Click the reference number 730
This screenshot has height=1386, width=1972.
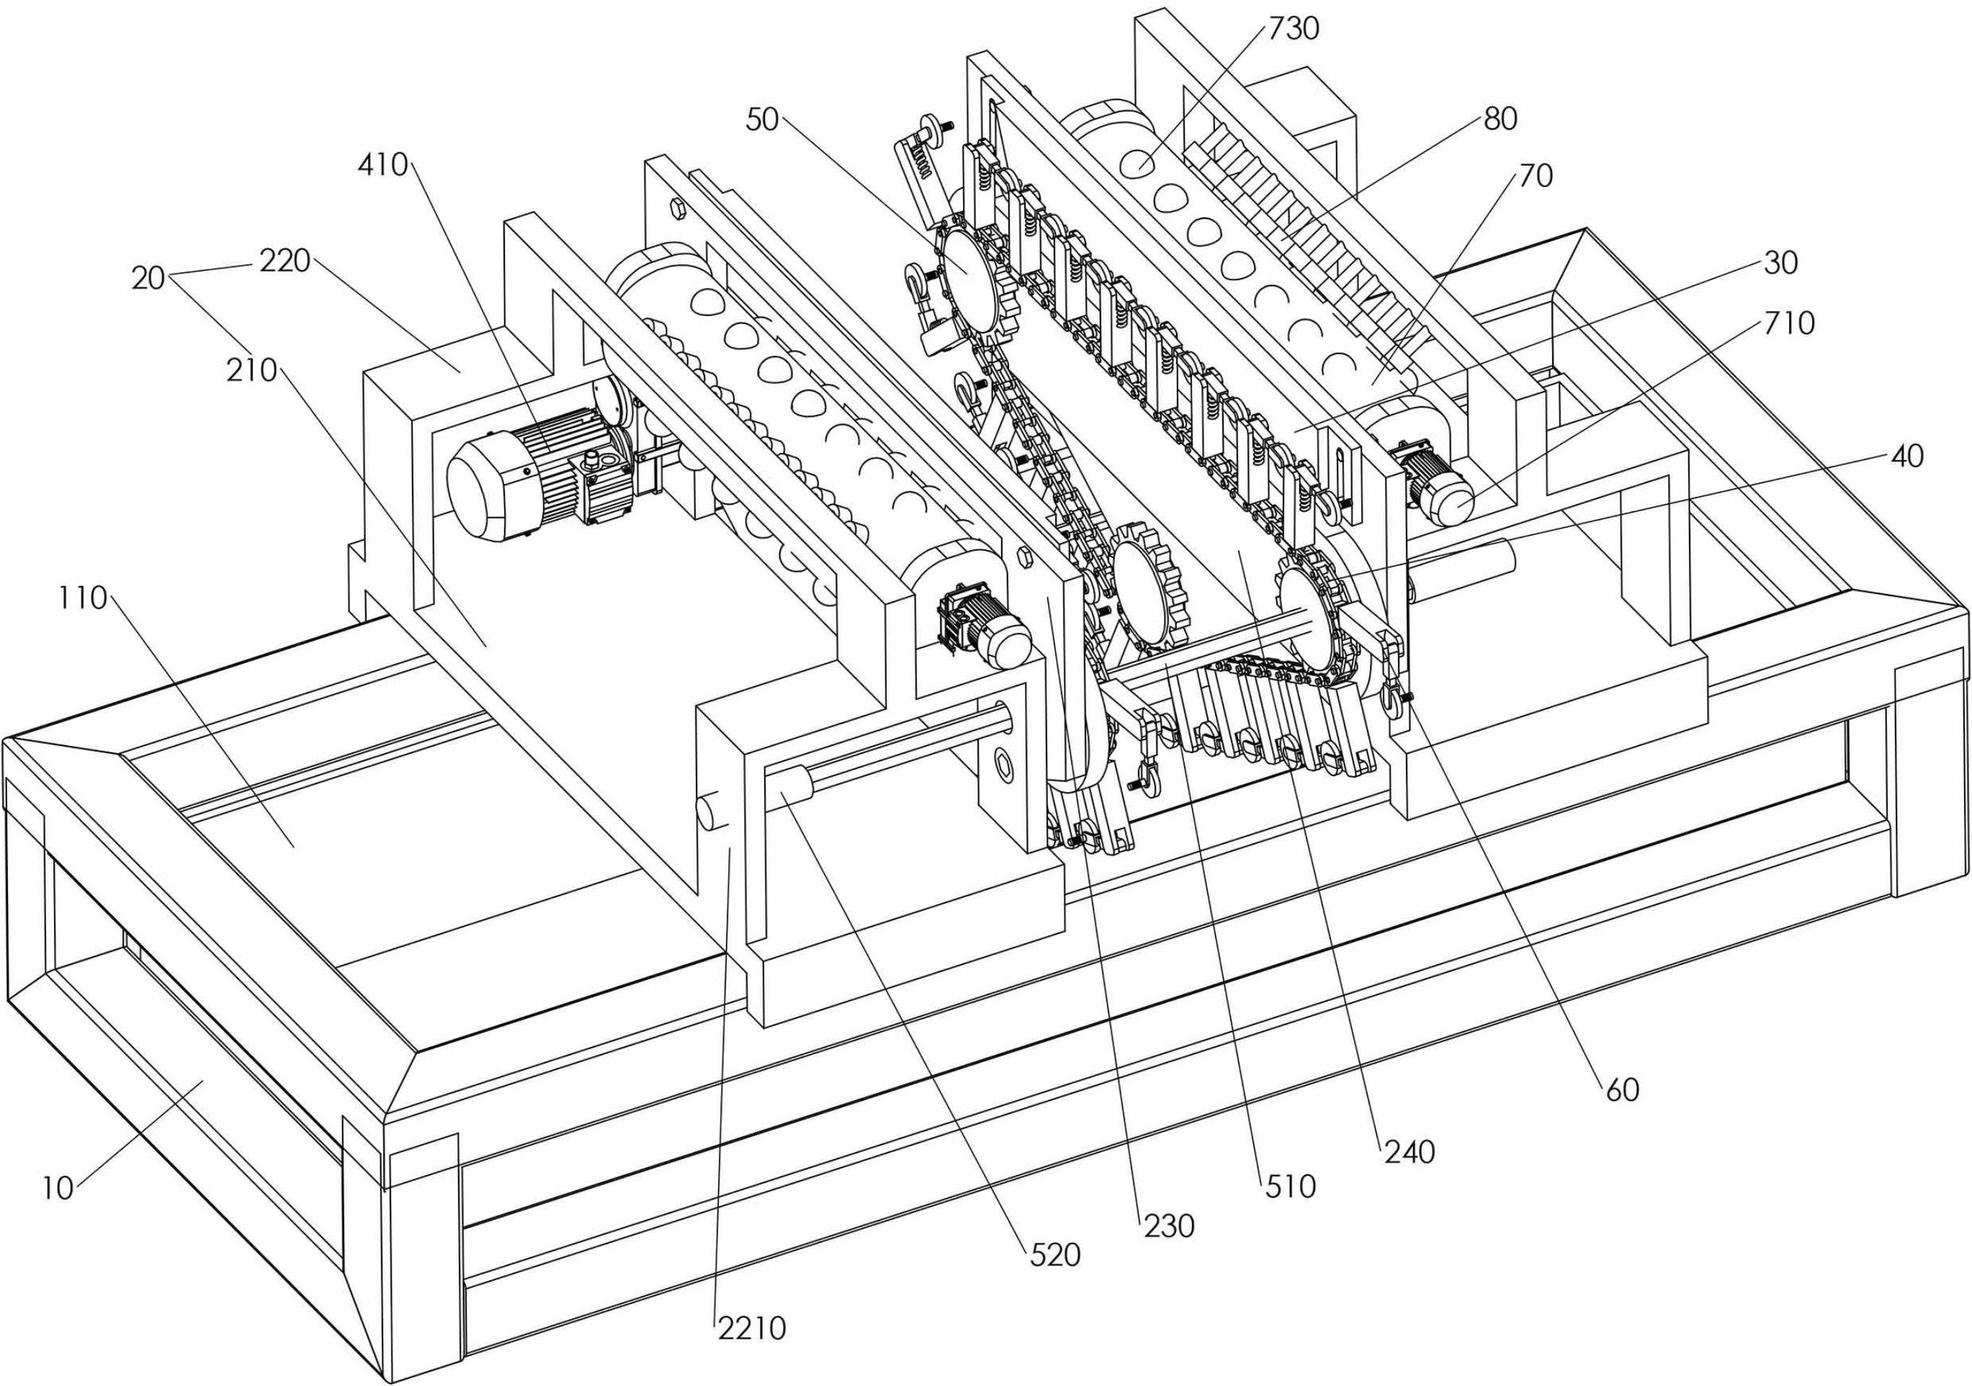pyautogui.click(x=1294, y=30)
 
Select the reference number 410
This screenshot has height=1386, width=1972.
pyautogui.click(x=382, y=165)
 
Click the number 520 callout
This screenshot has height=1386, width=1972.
pyautogui.click(x=1054, y=1256)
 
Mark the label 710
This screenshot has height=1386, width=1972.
pyautogui.click(x=1790, y=324)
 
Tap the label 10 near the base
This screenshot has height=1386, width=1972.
pyautogui.click(x=58, y=1189)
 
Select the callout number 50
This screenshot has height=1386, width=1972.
pyautogui.click(x=762, y=120)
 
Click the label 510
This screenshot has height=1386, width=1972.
pyautogui.click(x=1290, y=1187)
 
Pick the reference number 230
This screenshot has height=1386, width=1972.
pyautogui.click(x=1169, y=1226)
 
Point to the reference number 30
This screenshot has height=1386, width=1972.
pyautogui.click(x=1780, y=263)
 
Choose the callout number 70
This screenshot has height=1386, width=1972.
pyautogui.click(x=1536, y=176)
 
